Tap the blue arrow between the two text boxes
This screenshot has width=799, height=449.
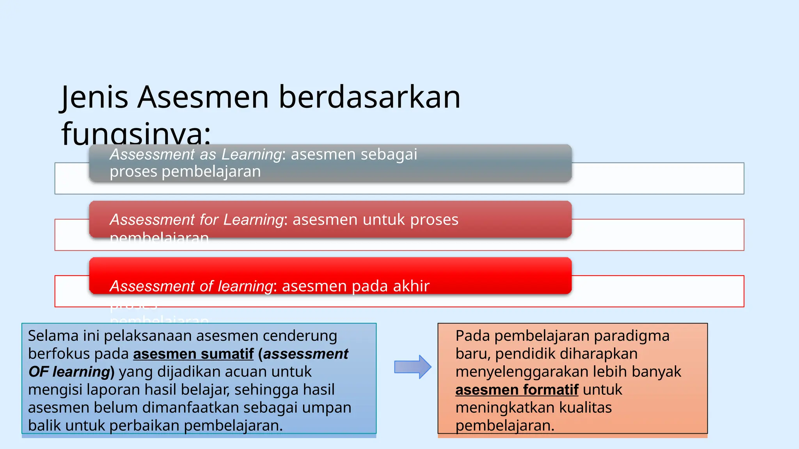pos(412,367)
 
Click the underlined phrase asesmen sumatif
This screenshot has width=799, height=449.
pos(194,354)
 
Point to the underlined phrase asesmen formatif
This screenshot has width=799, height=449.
pos(517,390)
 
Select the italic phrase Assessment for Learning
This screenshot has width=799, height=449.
pos(197,220)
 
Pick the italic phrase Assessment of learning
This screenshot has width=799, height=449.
pos(191,286)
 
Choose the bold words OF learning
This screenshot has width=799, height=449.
pos(69,372)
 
